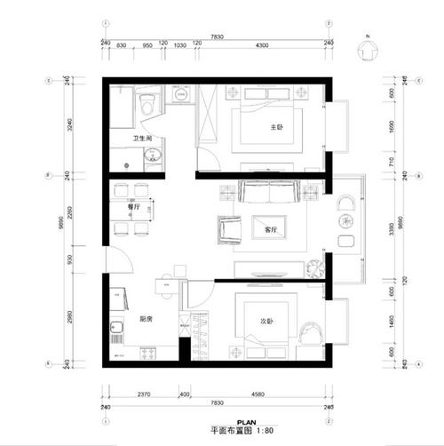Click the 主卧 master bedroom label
coord(276,128)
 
